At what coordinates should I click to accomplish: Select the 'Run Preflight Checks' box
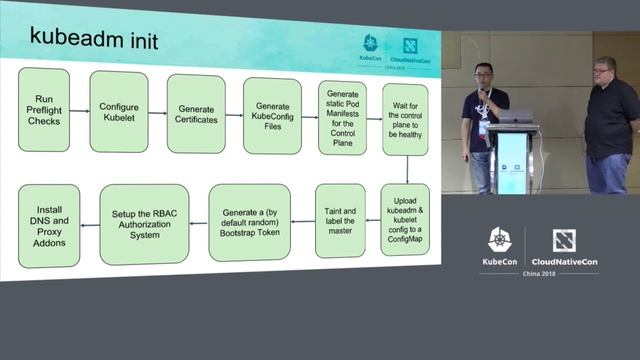pos(43,110)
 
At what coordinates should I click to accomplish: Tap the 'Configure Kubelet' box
pos(118,110)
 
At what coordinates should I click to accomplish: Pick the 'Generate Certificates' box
pos(195,113)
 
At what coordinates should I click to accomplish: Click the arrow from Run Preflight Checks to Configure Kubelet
pos(81,110)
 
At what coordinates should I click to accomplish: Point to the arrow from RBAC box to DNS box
pos(89,224)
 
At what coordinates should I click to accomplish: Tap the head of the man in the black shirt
pos(606,73)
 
